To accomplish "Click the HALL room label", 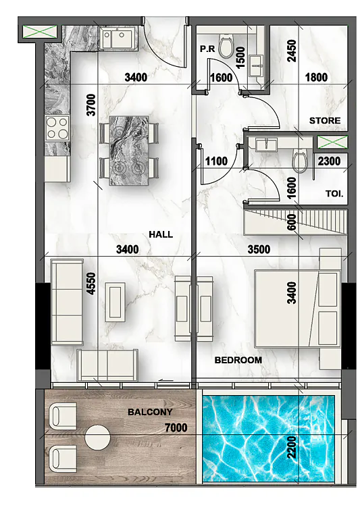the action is (161, 234).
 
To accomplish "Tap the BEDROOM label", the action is (238, 360).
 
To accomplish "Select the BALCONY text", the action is (150, 412).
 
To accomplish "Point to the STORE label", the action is (325, 120).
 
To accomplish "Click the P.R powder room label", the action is (207, 49).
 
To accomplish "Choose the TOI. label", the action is (334, 194).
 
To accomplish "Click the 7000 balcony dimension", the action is (176, 427).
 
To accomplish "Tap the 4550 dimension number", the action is (91, 284).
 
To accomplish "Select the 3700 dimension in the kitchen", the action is (91, 105).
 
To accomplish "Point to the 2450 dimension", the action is (292, 51).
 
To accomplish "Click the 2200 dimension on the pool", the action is (292, 448).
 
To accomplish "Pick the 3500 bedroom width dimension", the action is (259, 249).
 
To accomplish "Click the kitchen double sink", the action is (118, 38).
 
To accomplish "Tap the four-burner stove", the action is (57, 128).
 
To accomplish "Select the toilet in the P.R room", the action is (226, 47).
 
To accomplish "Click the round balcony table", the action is (97, 438).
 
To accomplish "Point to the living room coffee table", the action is (115, 302).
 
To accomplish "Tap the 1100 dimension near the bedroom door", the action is (216, 161).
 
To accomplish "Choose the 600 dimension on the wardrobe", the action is (291, 222).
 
